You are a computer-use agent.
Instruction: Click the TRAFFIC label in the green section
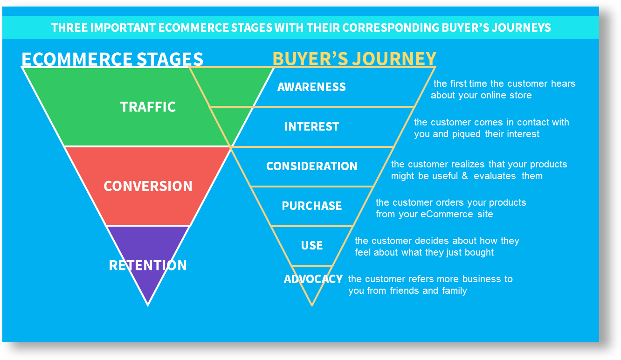tap(148, 107)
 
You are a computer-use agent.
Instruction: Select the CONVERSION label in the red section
tap(148, 186)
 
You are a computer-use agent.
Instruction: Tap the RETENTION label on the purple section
tap(148, 265)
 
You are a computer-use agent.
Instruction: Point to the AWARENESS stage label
tap(311, 87)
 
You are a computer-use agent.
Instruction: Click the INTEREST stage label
tap(311, 126)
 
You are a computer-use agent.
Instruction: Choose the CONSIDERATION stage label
tap(311, 166)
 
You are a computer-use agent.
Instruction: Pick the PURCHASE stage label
tap(311, 206)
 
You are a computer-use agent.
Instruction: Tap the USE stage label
tap(312, 245)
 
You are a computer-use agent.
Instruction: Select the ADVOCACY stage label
tap(313, 279)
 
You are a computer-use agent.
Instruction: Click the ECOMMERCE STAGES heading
tap(112, 59)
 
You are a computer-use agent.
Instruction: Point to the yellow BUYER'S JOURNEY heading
tap(354, 58)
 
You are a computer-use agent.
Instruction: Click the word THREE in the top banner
tap(69, 28)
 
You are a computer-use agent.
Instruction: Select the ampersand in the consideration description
tap(465, 176)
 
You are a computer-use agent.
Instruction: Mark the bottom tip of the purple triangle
tap(148, 306)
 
